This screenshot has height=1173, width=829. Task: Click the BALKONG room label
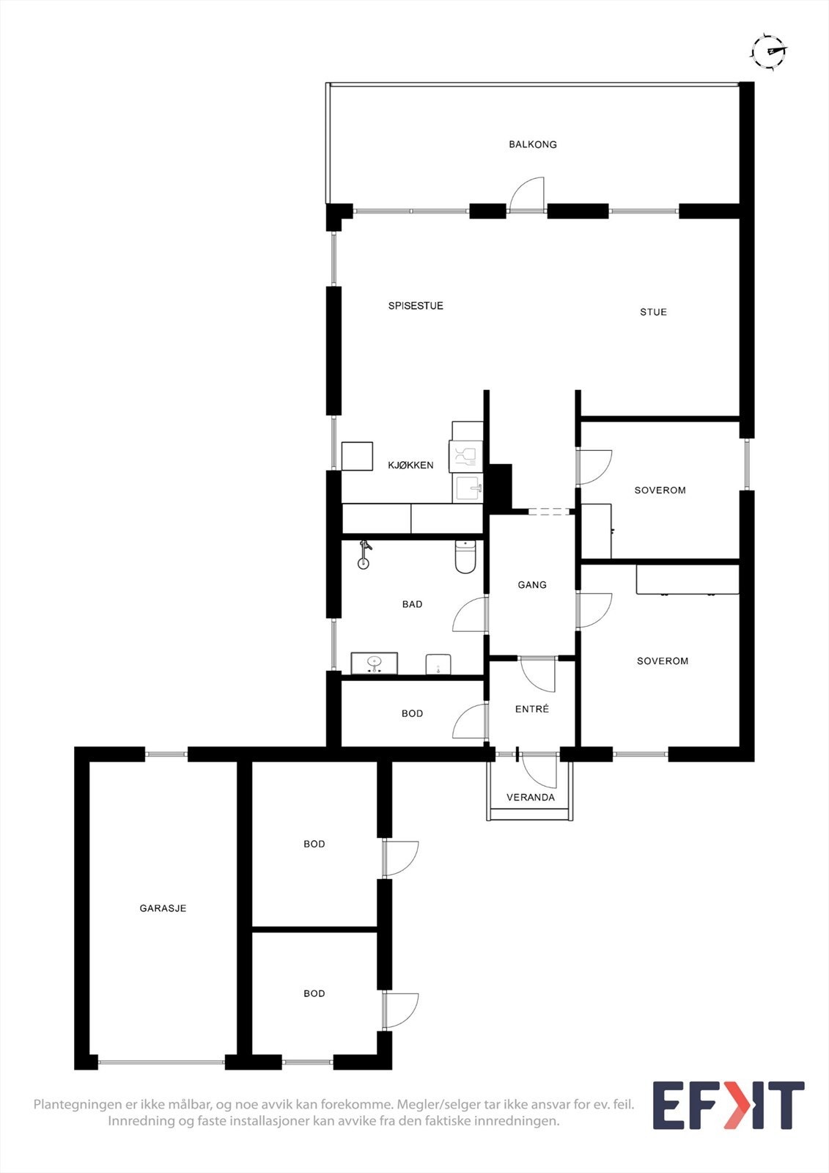533,144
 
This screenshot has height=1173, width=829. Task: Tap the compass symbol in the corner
768,51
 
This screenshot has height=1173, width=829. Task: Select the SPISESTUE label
416,306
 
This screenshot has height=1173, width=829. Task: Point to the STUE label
653,312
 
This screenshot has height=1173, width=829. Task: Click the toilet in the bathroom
465,557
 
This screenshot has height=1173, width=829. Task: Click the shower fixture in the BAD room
364,554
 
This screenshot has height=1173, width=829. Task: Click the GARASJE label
163,908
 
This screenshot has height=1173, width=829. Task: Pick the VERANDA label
531,798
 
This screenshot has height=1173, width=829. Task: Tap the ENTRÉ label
532,709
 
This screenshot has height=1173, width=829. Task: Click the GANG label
532,585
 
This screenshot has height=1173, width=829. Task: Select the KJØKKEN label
410,466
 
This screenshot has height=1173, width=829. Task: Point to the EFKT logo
728,1106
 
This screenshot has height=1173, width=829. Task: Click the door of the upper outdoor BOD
399,858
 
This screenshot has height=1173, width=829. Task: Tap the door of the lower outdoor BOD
399,1010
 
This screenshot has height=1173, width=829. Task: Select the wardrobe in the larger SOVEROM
687,579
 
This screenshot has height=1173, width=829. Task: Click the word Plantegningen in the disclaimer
76,1104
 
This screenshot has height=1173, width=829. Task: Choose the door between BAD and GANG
470,614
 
